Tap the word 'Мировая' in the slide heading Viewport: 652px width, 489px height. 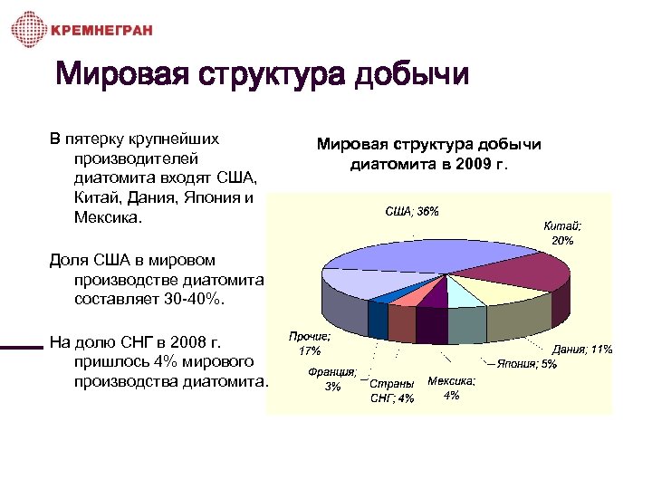123,75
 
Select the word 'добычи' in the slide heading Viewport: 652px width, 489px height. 412,75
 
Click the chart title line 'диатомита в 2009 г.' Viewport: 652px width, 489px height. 429,164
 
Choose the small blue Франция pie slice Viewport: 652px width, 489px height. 386,294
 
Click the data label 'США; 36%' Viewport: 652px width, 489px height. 413,211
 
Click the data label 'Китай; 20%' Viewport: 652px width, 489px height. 562,233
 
